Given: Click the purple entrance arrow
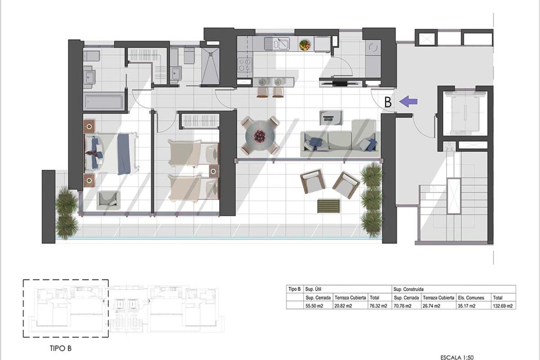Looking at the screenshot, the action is (408, 101).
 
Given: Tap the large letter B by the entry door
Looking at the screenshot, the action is (388, 102).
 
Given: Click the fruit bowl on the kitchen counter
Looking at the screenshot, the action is (305, 45).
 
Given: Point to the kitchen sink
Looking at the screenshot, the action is (277, 44).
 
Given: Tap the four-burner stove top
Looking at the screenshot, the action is (244, 65).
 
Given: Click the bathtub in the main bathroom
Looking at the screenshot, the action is (103, 102).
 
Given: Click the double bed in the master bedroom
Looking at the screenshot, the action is (110, 154).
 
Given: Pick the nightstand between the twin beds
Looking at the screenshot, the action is (214, 171).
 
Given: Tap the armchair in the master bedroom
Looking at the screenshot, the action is (108, 200).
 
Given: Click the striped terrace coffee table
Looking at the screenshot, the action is (328, 206).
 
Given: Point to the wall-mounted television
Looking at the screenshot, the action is (340, 83).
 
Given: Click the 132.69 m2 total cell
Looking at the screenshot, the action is (503, 306).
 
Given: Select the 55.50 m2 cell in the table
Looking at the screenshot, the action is (314, 306).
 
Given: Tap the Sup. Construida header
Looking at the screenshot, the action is (409, 289).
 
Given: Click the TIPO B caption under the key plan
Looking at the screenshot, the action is (60, 348).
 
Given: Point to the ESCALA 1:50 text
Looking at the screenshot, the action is (457, 357).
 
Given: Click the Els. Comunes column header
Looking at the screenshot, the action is (471, 298).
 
